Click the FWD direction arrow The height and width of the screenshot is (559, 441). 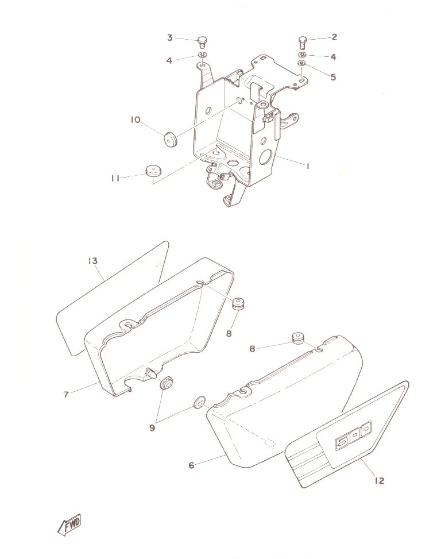point(69,525)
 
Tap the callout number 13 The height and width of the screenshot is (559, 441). point(92,261)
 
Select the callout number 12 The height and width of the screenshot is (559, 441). point(380,480)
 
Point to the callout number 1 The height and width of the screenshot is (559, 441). point(307,166)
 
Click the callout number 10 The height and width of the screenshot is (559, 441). point(136,119)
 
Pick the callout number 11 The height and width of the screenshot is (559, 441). point(115,178)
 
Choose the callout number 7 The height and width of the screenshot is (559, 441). point(66,395)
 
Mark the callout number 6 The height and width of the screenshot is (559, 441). point(192,465)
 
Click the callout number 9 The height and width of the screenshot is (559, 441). point(152,427)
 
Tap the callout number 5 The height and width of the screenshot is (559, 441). point(333,77)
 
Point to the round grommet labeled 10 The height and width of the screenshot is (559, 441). point(171,139)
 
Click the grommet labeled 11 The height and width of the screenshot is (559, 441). point(153,169)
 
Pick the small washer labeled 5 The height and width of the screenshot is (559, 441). point(301,63)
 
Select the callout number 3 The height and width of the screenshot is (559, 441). point(170,37)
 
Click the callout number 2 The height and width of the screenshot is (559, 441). point(334,37)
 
